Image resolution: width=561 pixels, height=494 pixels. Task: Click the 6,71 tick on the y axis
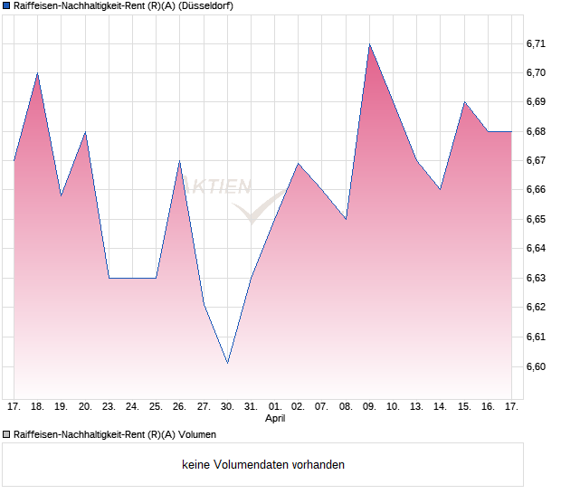[x=536, y=43]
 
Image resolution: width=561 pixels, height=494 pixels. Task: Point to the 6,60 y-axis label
[x=536, y=366]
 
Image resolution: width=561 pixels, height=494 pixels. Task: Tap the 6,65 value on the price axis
[x=536, y=220]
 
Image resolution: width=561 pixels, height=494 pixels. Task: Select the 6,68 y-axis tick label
[x=536, y=131]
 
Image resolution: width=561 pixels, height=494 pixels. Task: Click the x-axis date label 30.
[x=228, y=407]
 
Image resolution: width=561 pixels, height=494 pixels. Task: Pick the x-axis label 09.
[x=369, y=407]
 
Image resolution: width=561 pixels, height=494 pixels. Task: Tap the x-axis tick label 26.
[x=179, y=407]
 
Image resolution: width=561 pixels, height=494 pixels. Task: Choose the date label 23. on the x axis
[x=109, y=407]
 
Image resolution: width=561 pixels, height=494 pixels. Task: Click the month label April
[x=275, y=419]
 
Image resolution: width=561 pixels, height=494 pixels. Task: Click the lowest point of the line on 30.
[x=227, y=363]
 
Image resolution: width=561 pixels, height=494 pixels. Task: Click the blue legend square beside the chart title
[x=6, y=6]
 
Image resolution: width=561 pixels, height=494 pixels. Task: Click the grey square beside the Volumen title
[x=6, y=434]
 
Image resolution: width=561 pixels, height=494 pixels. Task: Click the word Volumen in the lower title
[x=197, y=434]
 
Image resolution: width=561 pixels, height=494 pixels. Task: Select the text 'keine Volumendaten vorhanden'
[x=263, y=465]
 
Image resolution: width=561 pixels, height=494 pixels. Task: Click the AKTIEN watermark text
[x=221, y=187]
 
